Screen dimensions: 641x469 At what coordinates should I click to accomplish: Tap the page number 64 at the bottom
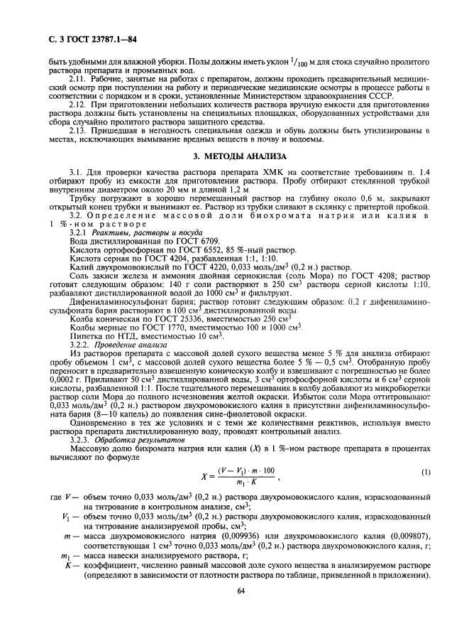(240, 610)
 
